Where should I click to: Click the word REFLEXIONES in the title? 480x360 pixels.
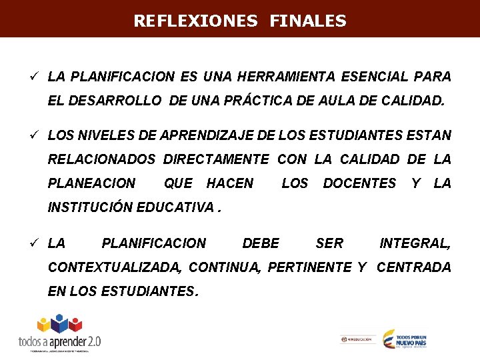[195, 21]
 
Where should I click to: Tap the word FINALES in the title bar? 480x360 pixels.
[308, 21]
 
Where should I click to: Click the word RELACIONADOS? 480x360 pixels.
[101, 159]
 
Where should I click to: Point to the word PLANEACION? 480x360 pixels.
[92, 183]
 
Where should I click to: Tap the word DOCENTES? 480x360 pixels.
[359, 183]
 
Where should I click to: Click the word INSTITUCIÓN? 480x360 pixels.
[91, 207]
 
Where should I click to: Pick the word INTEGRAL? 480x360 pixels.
[415, 243]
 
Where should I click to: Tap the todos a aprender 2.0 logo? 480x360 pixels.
[60, 333]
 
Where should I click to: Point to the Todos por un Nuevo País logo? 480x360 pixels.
[405, 339]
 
